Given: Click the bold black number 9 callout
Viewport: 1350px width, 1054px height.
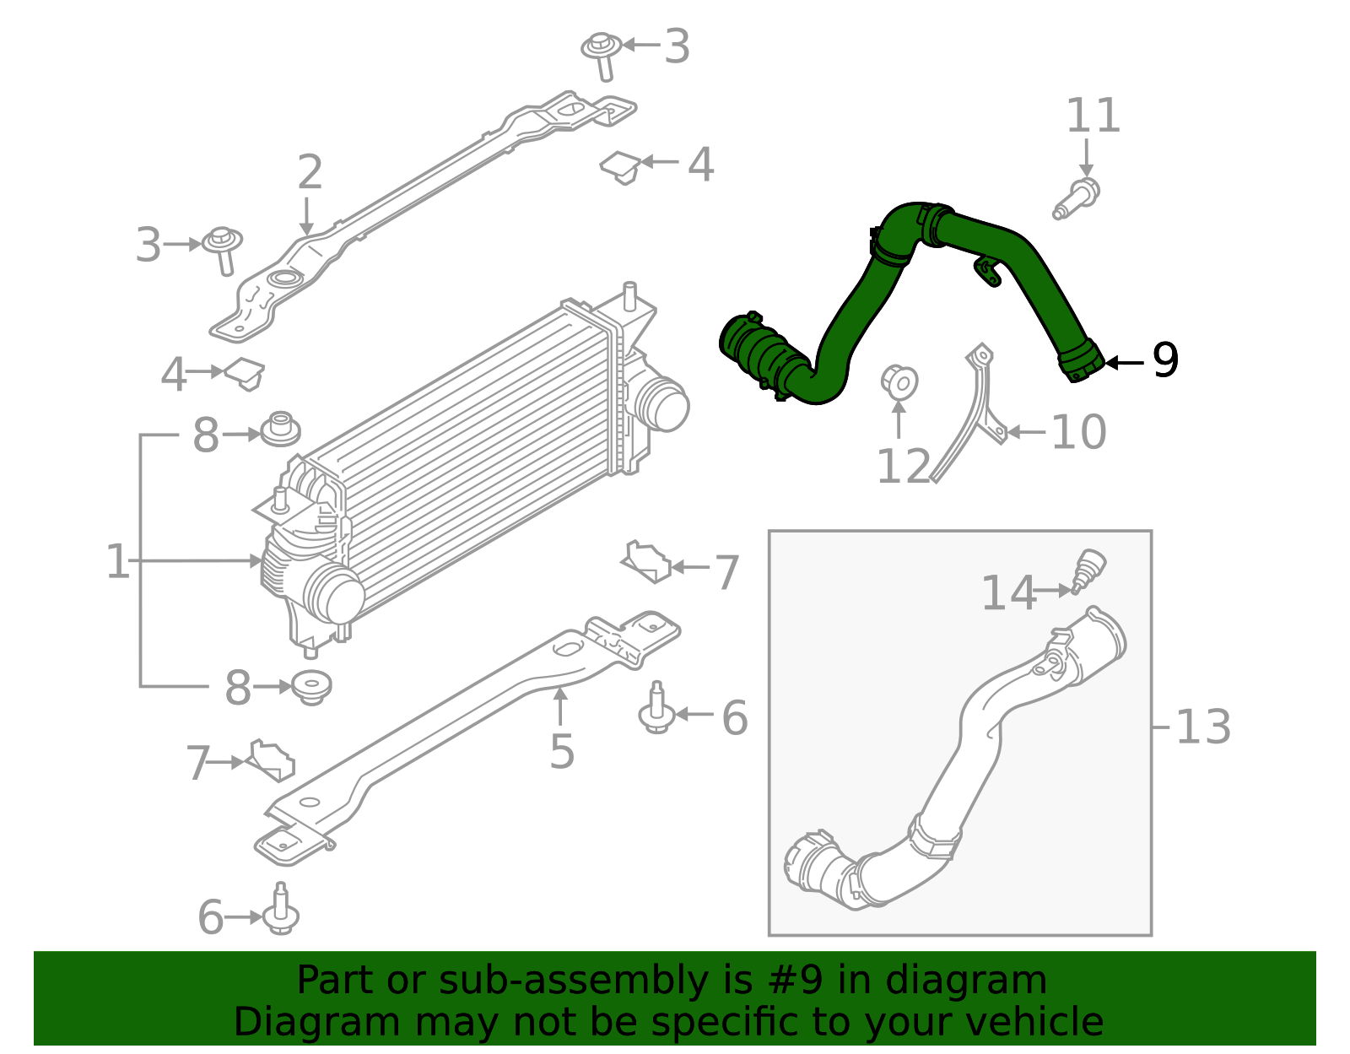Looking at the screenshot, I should coord(1165,361).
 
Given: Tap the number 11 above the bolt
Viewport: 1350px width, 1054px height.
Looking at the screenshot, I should coord(1093,116).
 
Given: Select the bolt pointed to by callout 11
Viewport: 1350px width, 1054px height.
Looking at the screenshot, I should coord(1077,198).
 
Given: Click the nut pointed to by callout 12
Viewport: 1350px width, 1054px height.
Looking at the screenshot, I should coord(899,381).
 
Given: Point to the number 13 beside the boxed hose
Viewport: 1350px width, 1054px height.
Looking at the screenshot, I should coord(1202,727).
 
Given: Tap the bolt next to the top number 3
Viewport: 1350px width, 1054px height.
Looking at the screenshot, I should coord(602,54).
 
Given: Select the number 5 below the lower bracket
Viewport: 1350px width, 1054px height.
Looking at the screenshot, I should coord(562,751).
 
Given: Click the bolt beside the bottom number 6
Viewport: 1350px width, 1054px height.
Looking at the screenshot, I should coord(280,912).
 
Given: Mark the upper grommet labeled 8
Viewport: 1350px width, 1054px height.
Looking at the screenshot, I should coord(280,430).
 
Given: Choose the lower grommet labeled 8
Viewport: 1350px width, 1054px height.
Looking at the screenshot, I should coord(310,687).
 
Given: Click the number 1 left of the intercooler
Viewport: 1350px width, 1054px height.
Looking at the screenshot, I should coord(117,561).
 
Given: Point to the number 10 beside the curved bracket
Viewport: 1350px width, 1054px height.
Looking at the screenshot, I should coord(1078,432).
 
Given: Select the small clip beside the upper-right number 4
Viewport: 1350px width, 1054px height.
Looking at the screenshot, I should coord(622,166).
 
